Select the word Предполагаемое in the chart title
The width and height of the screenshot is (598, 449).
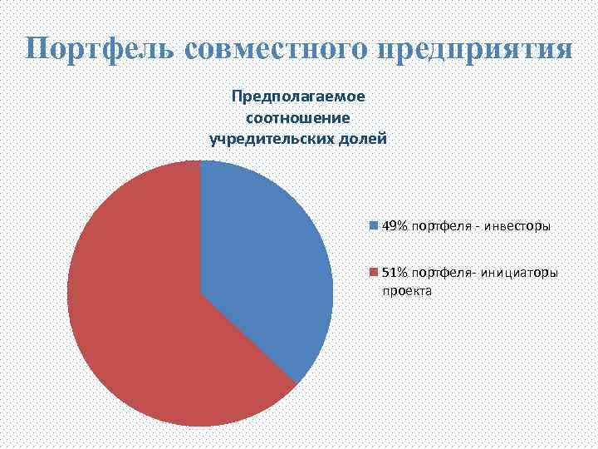click(x=298, y=96)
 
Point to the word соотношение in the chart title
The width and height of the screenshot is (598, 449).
click(x=298, y=117)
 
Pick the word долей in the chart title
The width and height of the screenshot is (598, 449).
click(x=362, y=138)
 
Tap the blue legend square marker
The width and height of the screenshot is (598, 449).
click(x=374, y=225)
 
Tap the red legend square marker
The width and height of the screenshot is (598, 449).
click(x=374, y=272)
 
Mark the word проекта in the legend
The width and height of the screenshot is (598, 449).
click(x=401, y=292)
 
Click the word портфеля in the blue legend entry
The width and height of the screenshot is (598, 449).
click(x=438, y=225)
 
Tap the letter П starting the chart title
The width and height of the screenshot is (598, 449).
click(x=237, y=96)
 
